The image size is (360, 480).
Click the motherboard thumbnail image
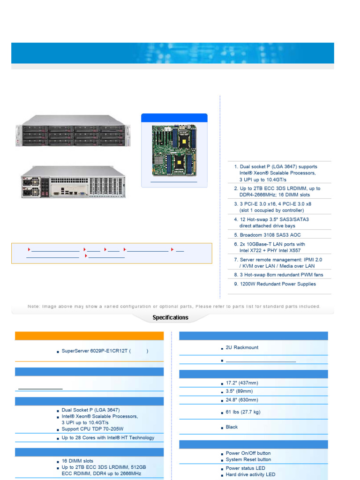coord(174,150)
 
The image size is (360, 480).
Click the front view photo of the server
coord(73,135)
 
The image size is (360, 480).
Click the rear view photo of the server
coord(73,182)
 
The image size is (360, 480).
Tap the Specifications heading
coord(170,318)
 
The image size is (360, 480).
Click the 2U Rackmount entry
coord(242,347)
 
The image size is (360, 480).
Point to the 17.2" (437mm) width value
coord(242,383)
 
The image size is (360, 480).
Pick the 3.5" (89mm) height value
coord(239,391)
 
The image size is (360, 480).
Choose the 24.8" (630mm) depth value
coord(242,400)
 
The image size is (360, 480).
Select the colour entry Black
coord(232,427)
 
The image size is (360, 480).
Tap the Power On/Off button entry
coord(248,453)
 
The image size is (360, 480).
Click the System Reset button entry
coord(248,459)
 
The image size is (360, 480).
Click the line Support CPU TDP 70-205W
coord(92,429)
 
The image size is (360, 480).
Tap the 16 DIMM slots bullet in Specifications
coord(77,461)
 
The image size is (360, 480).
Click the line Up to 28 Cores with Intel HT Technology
coord(108,438)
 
